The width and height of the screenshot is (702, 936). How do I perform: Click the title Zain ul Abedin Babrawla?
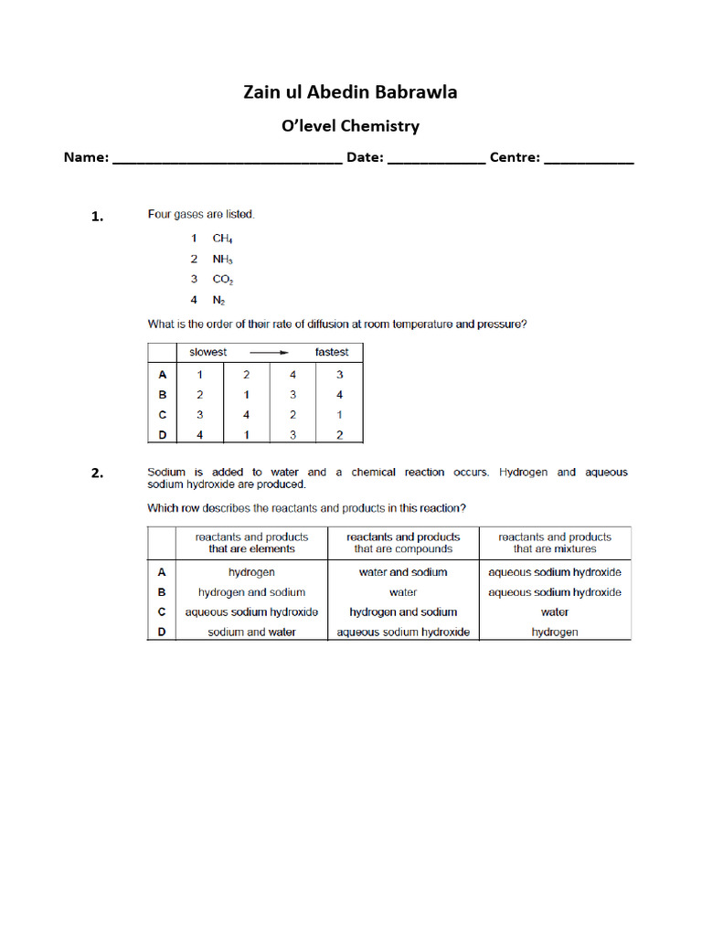[x=350, y=92]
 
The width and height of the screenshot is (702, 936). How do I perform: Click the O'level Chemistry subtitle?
[x=350, y=126]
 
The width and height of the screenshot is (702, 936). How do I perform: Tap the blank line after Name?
[x=226, y=159]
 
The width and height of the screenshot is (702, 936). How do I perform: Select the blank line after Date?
[x=436, y=159]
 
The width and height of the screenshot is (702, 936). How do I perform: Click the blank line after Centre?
[x=589, y=159]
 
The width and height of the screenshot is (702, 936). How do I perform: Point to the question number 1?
[x=97, y=217]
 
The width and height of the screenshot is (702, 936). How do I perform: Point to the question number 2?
[x=97, y=473]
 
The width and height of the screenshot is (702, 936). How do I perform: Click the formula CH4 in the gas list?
[x=223, y=239]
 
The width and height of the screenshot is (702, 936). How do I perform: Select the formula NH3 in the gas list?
[x=223, y=260]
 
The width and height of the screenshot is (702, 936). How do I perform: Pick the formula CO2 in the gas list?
[x=223, y=280]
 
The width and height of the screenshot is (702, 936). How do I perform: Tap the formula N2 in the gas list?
[x=220, y=300]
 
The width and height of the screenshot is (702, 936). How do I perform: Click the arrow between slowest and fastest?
[x=270, y=352]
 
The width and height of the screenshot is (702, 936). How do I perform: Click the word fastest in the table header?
[x=332, y=352]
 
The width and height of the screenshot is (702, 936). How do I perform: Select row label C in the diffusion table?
[x=162, y=415]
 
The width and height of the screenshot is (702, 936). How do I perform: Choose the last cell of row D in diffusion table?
[x=339, y=435]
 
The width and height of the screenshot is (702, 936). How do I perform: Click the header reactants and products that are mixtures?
[x=555, y=543]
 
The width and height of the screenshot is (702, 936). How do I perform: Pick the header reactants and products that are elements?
[x=251, y=543]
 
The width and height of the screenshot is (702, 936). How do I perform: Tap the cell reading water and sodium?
[x=403, y=572]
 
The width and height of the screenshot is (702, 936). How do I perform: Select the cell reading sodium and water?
[x=251, y=633]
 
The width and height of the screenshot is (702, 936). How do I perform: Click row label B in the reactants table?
[x=162, y=592]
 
